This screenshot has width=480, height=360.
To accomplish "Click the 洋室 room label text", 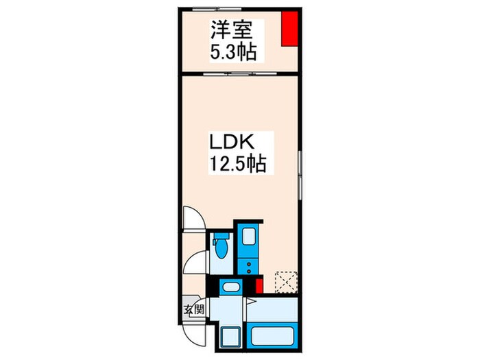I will (x=227, y=31).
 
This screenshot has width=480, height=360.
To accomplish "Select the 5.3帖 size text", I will (x=227, y=51).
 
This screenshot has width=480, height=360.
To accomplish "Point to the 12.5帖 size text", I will (x=237, y=165).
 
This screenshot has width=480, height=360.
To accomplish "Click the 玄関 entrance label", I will (x=193, y=309).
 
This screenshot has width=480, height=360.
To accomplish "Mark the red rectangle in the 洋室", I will (x=290, y=29).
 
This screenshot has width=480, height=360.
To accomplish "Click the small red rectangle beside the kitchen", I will (x=259, y=287).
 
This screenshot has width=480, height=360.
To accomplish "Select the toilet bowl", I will (x=221, y=248).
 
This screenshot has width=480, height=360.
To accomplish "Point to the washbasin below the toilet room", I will (x=231, y=287).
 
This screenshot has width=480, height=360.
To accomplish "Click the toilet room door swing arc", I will (x=196, y=263).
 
